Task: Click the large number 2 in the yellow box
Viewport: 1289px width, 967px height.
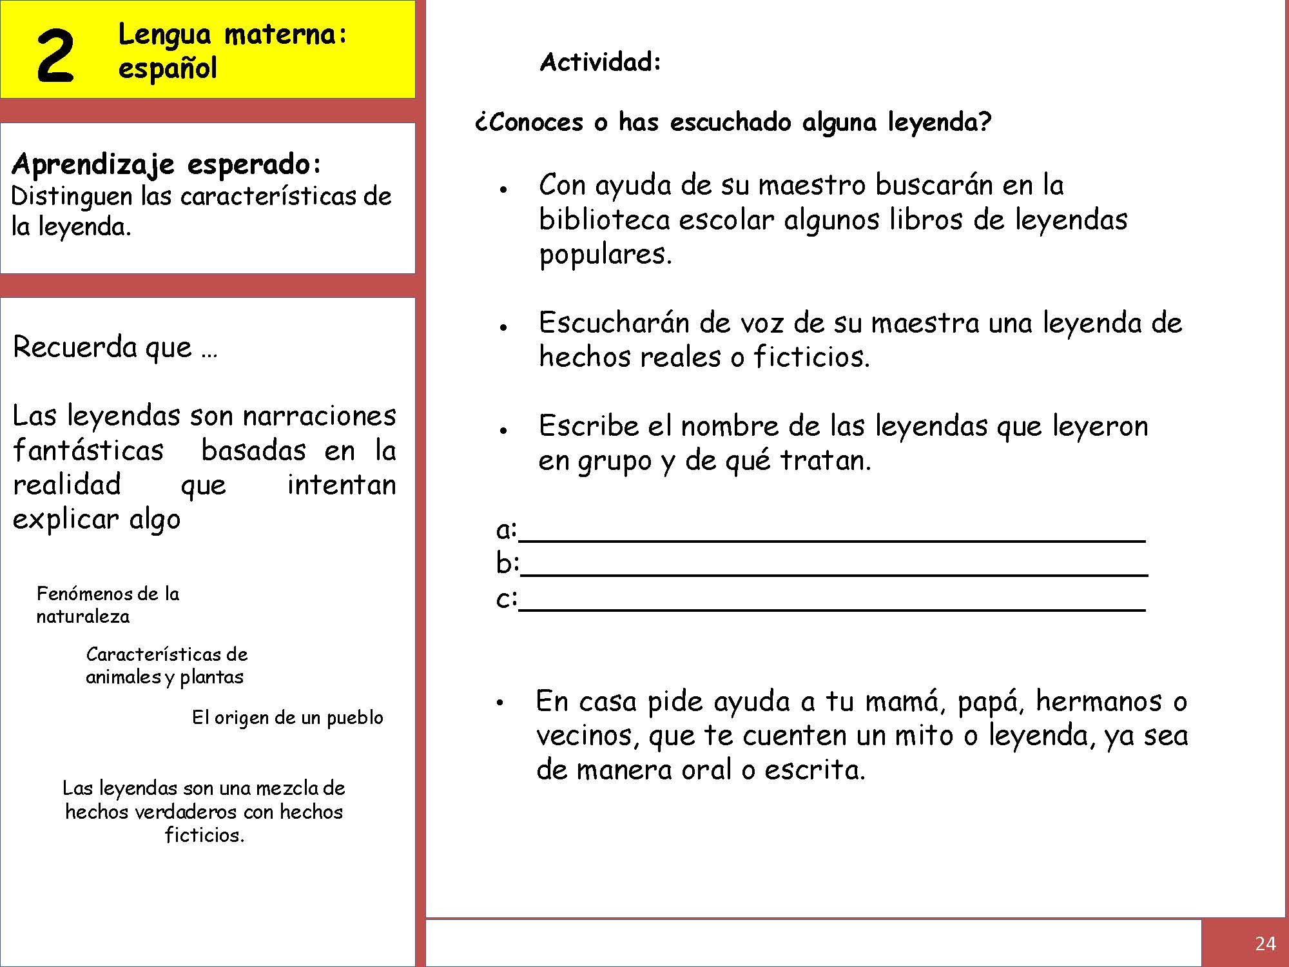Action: coord(55,57)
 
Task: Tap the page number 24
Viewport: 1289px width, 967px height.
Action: coord(1265,944)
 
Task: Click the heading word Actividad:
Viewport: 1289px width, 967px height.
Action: coord(601,63)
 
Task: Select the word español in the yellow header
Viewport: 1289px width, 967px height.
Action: coord(168,68)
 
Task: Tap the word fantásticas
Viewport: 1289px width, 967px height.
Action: coord(88,450)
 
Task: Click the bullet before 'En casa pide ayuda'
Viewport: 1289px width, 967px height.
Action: coord(499,703)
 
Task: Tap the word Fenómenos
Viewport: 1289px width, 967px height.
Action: coord(79,594)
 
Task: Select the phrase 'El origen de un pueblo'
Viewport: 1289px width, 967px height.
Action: coord(287,718)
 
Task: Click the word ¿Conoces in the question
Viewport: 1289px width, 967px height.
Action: coord(528,122)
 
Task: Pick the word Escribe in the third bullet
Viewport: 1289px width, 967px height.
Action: coord(588,426)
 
